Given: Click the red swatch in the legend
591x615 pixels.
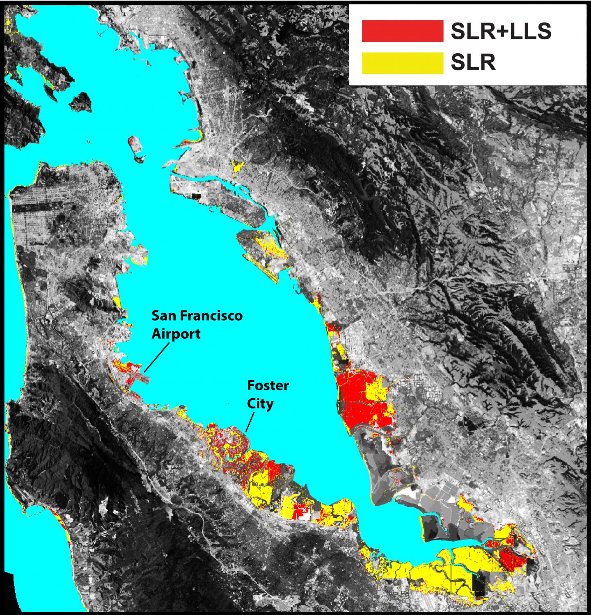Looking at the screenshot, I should tap(402, 31).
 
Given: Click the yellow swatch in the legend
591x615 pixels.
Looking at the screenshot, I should tap(402, 64).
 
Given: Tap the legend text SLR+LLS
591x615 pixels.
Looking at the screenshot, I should tap(501, 31).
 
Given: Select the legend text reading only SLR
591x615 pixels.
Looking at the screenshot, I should tap(473, 64).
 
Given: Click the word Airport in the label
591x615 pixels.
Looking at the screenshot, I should tap(176, 334).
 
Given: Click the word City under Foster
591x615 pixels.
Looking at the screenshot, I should tap(260, 404).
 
